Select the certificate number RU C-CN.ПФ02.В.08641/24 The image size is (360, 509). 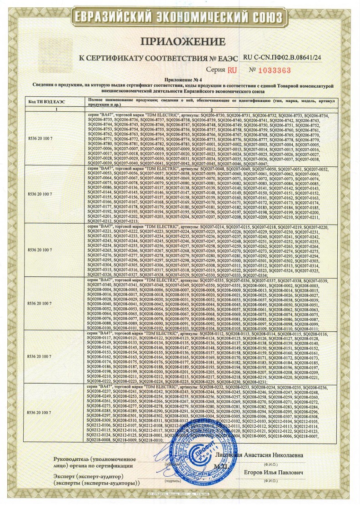[282, 58]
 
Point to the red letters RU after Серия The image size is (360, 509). [232, 70]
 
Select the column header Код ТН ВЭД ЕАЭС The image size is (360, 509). [47, 102]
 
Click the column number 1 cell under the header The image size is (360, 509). [56, 110]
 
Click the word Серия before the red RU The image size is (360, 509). [215, 70]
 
